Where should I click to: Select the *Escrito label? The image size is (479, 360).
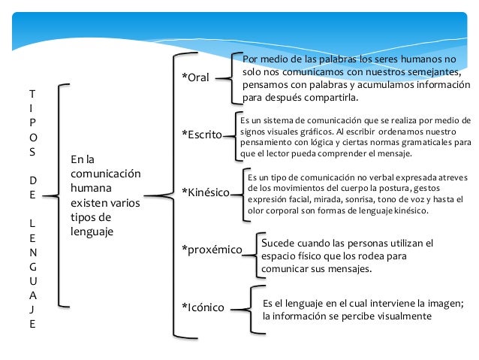[202, 135]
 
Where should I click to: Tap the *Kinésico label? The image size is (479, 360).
[206, 192]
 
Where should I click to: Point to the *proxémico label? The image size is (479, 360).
[212, 250]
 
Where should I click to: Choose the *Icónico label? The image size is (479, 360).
[204, 307]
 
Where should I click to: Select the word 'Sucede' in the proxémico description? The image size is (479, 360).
[276, 244]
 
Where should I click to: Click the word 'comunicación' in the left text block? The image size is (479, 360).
[105, 174]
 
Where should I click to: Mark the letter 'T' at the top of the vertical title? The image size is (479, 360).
[31, 95]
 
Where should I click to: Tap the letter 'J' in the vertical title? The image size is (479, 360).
[31, 309]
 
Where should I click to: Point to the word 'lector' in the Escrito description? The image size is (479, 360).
[285, 153]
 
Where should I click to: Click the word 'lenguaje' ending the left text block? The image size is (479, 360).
[91, 232]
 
